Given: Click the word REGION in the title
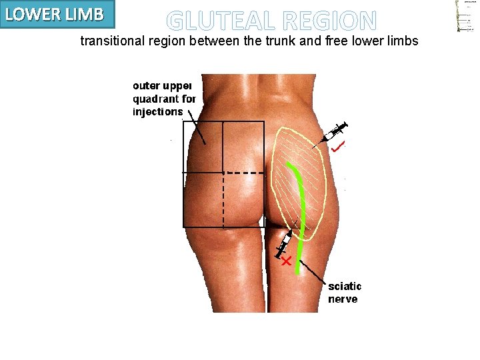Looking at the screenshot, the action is [329, 21].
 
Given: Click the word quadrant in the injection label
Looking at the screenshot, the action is [159, 99].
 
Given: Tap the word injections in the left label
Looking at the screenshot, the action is [158, 111].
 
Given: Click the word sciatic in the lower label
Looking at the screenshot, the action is [344, 287].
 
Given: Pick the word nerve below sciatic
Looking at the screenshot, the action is [343, 299].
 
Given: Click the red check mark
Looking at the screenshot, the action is [339, 146].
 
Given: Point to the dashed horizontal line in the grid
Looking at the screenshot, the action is [244, 173].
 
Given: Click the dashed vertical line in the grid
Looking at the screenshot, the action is [223, 200].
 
